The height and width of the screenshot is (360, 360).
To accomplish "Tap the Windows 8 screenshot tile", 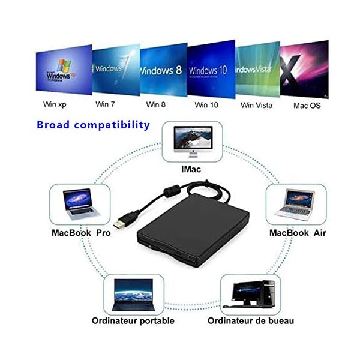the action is pos(162,69).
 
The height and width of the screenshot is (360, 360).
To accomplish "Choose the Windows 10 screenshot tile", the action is pos(209,69).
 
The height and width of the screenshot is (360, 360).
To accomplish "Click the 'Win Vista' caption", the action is pos(256,104).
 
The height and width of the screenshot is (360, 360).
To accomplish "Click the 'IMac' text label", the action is pos(191,170).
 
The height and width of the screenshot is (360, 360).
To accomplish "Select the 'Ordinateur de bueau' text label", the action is pos(251,320).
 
